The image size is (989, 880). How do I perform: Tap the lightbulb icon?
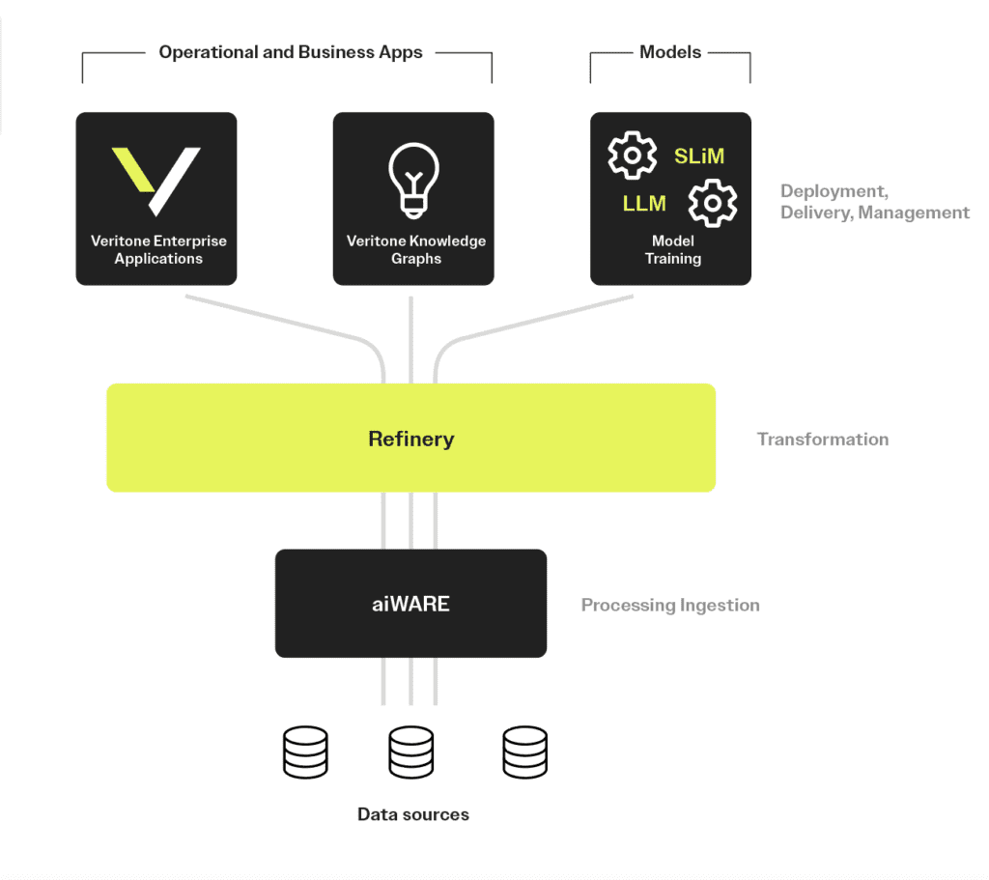click(413, 180)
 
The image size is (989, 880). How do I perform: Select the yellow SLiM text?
click(699, 156)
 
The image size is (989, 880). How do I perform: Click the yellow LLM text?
click(644, 204)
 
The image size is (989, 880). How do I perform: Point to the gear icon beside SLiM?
click(632, 156)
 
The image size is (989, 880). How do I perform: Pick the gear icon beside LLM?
click(713, 203)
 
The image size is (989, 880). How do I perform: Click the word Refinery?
click(411, 439)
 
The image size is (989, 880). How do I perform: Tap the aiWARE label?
click(411, 605)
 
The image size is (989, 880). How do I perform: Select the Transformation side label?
click(823, 440)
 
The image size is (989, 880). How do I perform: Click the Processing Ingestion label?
click(670, 606)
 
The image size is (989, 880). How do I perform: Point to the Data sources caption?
click(413, 814)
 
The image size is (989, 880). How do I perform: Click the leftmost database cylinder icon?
click(305, 753)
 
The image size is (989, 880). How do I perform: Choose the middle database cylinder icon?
click(411, 753)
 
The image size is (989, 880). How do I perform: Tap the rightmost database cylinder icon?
click(525, 753)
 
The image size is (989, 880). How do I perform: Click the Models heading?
click(670, 52)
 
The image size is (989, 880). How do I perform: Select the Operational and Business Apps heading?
click(291, 52)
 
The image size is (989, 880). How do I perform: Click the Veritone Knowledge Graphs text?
click(416, 250)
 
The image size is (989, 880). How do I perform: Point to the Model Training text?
click(673, 250)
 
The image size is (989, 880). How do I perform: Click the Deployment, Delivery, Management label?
click(875, 202)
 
